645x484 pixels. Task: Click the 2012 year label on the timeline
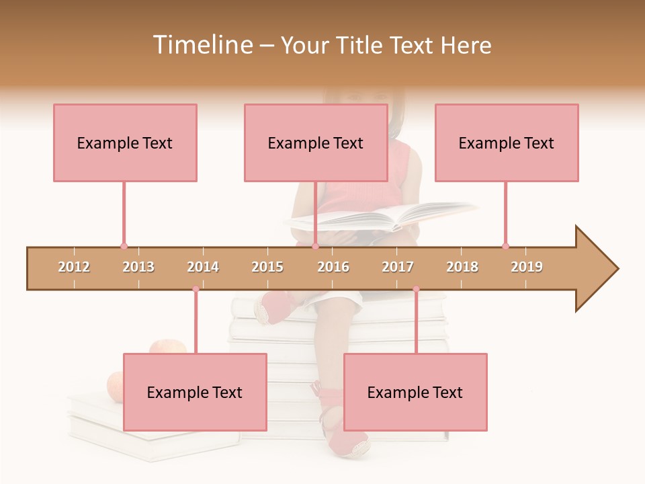74,267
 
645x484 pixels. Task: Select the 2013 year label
138,267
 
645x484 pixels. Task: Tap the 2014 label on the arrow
203,267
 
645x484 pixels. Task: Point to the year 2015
267,267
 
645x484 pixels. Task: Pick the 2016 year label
333,267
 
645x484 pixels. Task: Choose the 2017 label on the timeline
398,267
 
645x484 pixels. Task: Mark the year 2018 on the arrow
462,267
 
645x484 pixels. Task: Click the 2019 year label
527,267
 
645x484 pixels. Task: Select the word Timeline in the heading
201,45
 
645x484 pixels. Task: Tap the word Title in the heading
360,45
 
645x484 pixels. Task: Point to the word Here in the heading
466,45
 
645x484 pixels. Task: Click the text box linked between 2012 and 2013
125,143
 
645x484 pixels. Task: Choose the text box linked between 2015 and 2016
316,143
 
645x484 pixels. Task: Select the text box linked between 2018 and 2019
507,143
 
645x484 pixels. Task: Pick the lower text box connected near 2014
195,392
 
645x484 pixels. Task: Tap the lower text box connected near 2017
415,392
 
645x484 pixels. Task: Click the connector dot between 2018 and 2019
505,246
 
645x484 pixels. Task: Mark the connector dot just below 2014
196,289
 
